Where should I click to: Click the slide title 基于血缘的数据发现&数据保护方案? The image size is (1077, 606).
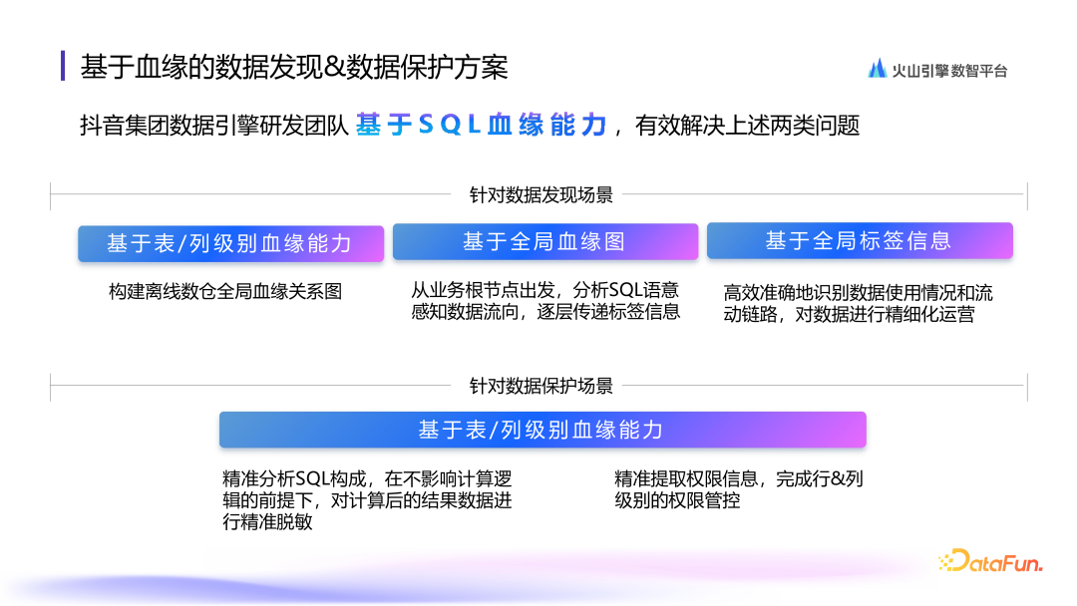(294, 67)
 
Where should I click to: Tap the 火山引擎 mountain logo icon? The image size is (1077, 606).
(878, 69)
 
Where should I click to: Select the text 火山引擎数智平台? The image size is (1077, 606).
(949, 71)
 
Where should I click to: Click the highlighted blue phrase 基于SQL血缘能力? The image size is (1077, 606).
(482, 126)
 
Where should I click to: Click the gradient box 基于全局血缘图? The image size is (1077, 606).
(544, 241)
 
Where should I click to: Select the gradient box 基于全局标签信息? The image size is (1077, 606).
(859, 241)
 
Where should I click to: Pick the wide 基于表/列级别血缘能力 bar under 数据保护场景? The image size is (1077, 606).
(541, 430)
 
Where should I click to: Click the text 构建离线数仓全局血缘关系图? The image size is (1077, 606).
(225, 292)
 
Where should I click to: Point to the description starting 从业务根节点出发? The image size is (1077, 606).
(545, 301)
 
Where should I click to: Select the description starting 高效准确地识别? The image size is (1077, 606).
(858, 304)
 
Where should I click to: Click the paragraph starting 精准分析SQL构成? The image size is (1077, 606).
(367, 500)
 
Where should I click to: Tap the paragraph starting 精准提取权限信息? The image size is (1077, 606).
(739, 489)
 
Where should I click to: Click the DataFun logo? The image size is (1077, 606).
(990, 563)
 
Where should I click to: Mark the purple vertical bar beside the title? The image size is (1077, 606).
(64, 66)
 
